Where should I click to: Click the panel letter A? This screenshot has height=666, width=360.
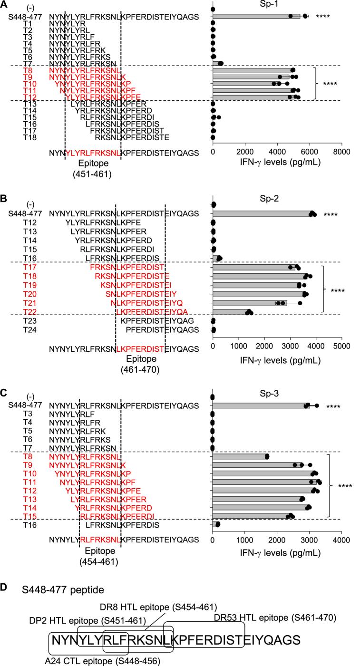coord(4,4)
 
